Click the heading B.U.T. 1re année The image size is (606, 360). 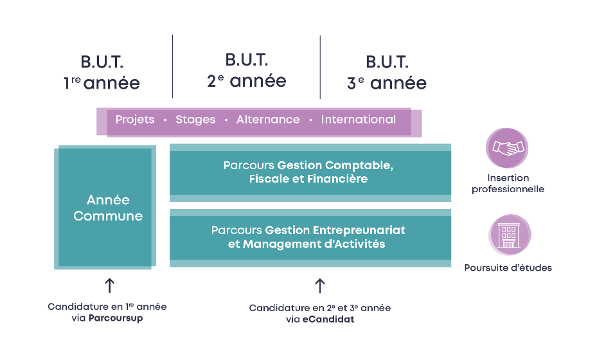[x=102, y=72]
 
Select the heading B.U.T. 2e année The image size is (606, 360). [x=247, y=70]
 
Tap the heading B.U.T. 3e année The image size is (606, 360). [x=387, y=72]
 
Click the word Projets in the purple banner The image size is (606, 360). [x=135, y=120]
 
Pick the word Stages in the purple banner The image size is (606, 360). [x=195, y=120]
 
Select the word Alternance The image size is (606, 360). [x=268, y=120]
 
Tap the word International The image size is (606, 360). [x=359, y=120]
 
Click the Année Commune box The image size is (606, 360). [x=105, y=207]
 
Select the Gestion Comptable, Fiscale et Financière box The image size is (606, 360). [x=310, y=172]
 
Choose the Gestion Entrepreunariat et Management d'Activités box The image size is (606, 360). [x=310, y=238]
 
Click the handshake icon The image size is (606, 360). [x=507, y=148]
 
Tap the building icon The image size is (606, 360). [x=510, y=235]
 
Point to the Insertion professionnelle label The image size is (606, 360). [x=508, y=183]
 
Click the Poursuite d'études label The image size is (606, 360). [x=508, y=267]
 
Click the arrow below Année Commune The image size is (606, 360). [x=110, y=285]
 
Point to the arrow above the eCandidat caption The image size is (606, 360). [x=319, y=286]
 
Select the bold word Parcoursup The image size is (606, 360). [x=116, y=318]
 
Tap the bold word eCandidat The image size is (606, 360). [x=328, y=319]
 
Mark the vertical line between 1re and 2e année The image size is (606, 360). [x=172, y=66]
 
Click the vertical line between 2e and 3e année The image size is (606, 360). [x=320, y=67]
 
